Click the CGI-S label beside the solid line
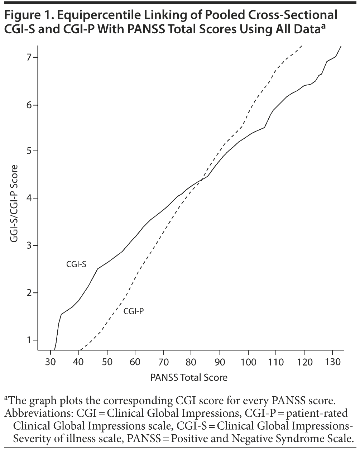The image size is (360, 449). pos(76,264)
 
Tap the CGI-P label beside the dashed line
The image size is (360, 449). pos(133,311)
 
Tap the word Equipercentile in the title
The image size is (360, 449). pos(92,15)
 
